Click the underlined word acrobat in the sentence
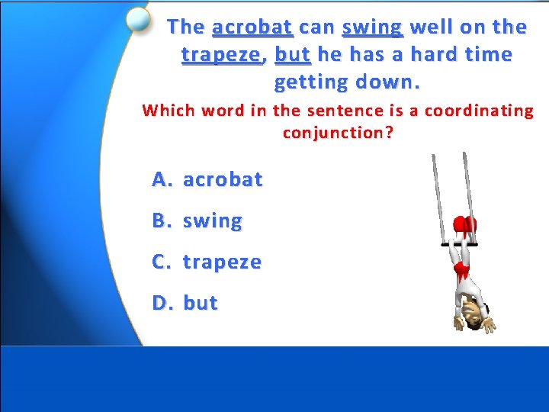tap(252, 27)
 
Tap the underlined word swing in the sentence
tap(372, 27)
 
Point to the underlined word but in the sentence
tap(292, 55)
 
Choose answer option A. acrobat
tap(207, 179)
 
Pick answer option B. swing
tap(197, 221)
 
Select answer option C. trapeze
tap(206, 262)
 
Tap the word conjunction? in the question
tap(338, 133)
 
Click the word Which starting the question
tap(169, 111)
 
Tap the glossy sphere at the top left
tap(138, 19)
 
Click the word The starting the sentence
tap(186, 27)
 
